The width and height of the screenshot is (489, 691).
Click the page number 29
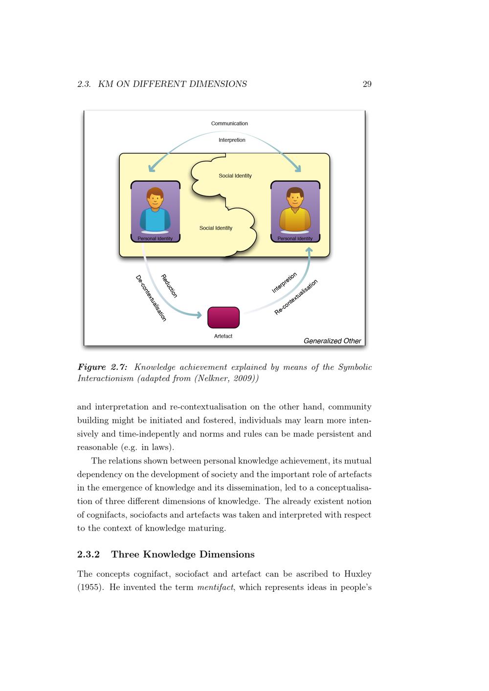tap(367, 84)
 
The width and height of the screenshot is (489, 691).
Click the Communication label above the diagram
tap(229, 124)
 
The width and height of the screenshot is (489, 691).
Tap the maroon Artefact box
tap(223, 318)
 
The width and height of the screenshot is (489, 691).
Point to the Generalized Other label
tap(332, 341)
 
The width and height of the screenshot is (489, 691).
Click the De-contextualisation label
tap(151, 298)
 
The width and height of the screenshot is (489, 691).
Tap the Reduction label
tap(169, 286)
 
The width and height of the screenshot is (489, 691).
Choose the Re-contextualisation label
tap(296, 297)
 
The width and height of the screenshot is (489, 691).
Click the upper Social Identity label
tap(235, 176)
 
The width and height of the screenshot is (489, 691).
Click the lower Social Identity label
tap(216, 228)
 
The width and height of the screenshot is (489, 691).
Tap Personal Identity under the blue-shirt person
tap(155, 238)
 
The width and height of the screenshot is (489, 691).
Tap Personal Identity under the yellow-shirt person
tap(295, 238)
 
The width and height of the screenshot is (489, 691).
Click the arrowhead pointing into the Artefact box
tap(199, 315)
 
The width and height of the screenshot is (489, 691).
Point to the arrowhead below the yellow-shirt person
tap(309, 251)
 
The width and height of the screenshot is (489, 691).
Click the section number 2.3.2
tap(89, 555)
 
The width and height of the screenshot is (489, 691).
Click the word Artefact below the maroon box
tap(223, 336)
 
